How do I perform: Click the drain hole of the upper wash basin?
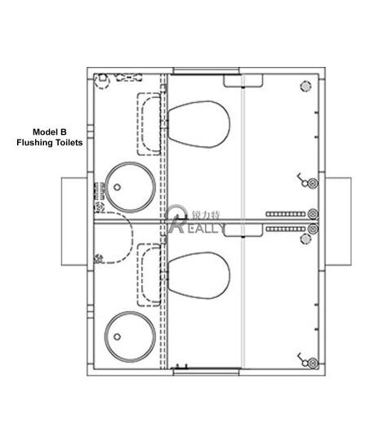[117, 186]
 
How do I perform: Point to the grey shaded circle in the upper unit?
[305, 85]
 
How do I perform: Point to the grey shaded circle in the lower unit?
[306, 238]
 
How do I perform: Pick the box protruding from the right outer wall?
[338, 220]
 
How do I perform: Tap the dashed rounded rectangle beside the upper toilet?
[149, 122]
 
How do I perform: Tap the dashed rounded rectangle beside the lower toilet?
[149, 274]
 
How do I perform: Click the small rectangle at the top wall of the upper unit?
[243, 78]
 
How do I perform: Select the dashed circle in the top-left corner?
[102, 81]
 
